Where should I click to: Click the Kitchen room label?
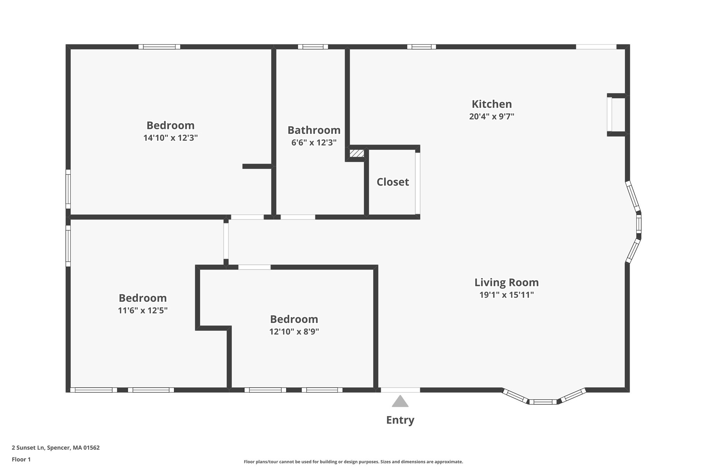(492, 104)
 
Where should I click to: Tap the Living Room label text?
(506, 282)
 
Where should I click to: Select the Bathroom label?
(314, 130)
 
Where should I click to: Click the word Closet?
(393, 182)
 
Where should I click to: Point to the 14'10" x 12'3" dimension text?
(171, 138)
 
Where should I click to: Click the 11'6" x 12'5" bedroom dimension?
(143, 311)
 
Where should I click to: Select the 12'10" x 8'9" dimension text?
(294, 332)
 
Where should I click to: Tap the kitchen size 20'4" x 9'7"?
(492, 117)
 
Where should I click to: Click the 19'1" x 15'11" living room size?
(506, 295)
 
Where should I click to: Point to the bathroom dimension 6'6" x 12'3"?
(314, 143)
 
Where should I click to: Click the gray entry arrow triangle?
(400, 402)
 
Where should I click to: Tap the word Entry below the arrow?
(400, 420)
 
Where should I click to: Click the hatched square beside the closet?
(357, 153)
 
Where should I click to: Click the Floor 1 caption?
(21, 459)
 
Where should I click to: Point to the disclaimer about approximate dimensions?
(353, 462)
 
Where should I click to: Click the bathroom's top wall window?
(313, 47)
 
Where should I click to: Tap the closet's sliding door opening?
(417, 183)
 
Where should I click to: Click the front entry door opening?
(400, 390)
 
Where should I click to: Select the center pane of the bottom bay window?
(543, 402)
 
